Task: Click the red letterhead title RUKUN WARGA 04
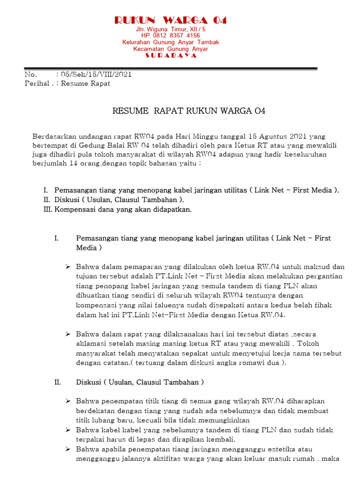click(x=171, y=20)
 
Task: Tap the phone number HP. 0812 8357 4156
click(x=171, y=36)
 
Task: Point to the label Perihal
click(x=37, y=83)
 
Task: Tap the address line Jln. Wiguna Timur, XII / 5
click(x=171, y=29)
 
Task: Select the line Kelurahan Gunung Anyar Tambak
click(x=171, y=42)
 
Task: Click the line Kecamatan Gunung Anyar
click(x=171, y=49)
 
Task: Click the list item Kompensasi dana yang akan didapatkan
click(x=123, y=210)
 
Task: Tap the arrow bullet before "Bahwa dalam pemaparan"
click(x=67, y=267)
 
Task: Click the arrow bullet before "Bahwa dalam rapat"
click(x=67, y=334)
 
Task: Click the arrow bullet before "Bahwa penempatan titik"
click(x=67, y=401)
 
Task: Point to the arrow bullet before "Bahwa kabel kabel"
click(x=67, y=430)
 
